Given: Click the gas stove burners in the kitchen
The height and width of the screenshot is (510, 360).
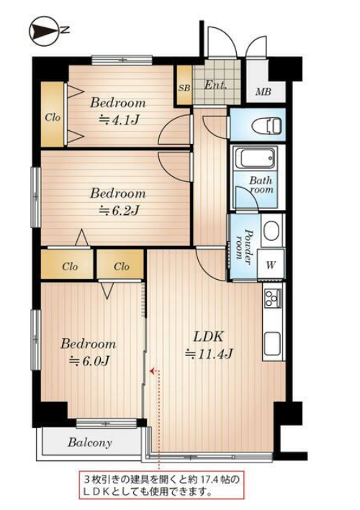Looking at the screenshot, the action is click(273, 299).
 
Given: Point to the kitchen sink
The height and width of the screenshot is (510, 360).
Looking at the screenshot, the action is click(273, 344).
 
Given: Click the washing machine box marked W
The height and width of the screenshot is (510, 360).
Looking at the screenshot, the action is click(271, 265).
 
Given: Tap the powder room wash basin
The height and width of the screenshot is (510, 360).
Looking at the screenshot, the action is click(272, 230).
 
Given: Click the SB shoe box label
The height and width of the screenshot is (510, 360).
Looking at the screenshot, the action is click(184, 88).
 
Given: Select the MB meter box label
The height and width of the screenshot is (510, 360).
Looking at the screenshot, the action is click(263, 92).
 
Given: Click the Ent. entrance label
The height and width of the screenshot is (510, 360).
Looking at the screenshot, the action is click(215, 85).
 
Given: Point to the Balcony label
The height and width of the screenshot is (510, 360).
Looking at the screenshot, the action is click(90, 442).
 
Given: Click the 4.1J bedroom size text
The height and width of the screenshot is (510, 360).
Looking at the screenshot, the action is click(119, 120).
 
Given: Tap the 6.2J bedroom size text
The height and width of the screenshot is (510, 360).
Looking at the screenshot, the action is click(119, 211).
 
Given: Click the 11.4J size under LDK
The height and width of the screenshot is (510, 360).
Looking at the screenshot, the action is click(209, 354).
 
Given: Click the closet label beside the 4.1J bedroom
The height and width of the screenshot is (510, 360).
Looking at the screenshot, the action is click(53, 117).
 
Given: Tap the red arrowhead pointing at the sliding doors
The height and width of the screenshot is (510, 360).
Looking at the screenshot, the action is click(152, 370).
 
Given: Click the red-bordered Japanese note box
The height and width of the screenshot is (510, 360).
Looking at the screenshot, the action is click(162, 486).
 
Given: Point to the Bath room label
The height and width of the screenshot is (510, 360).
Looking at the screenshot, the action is click(261, 185).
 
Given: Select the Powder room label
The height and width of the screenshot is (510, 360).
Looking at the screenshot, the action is click(244, 245).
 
